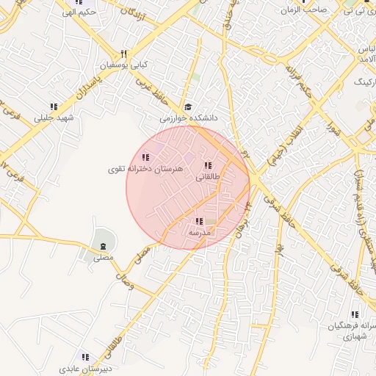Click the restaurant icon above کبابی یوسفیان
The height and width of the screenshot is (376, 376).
[x=124, y=53]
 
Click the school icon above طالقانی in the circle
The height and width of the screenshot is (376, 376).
[x=208, y=165]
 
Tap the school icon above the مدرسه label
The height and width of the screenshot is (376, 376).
[x=199, y=221]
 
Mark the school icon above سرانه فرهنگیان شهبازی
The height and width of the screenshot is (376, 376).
[x=335, y=314]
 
